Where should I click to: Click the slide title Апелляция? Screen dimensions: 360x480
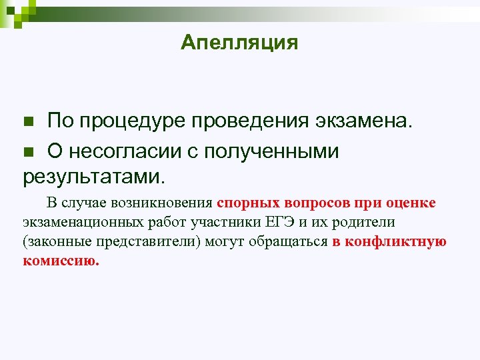coord(239,43)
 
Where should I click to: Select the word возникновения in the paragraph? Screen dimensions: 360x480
coord(167,203)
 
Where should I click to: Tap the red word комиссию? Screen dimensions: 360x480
coord(61,261)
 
